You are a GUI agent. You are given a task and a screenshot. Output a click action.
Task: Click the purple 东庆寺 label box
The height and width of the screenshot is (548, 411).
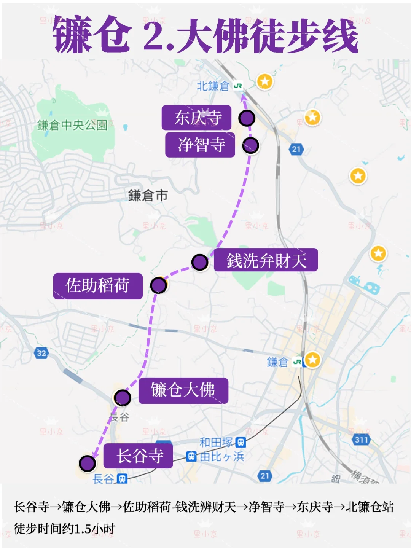click(197, 118)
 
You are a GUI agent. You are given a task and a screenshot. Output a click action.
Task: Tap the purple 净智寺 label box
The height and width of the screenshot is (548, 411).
click(200, 145)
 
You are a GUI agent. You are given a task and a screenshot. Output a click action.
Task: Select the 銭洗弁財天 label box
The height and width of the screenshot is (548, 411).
click(266, 260)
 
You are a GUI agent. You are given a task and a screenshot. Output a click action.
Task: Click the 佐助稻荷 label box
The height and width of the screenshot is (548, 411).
click(98, 286)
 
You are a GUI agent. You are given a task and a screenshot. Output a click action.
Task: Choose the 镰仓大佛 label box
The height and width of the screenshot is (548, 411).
click(183, 390)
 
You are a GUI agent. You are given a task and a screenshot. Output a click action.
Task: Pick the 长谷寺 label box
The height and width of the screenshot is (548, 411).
click(138, 456)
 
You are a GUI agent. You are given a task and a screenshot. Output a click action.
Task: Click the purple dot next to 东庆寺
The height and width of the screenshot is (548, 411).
click(247, 118)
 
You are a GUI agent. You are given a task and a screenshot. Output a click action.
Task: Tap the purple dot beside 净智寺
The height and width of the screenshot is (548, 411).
click(251, 145)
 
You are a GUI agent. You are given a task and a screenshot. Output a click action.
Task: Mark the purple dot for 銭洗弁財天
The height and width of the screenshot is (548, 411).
click(200, 262)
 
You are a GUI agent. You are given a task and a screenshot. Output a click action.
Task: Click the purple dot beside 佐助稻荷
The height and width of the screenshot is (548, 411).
click(158, 285)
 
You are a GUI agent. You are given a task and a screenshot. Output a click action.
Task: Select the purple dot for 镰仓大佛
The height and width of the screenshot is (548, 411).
click(123, 398)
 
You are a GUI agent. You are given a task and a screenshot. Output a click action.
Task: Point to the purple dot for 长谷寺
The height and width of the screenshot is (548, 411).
click(87, 464)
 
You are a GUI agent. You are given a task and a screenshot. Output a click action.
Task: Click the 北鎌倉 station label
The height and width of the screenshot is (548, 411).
click(213, 86)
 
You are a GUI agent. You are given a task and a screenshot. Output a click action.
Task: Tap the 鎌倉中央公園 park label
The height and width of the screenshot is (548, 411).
click(72, 125)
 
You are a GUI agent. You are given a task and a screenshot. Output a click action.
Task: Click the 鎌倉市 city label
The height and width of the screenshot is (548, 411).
click(148, 196)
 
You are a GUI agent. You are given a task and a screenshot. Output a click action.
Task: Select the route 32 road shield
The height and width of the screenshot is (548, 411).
click(41, 353)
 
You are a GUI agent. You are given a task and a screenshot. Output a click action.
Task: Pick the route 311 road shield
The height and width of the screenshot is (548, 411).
click(361, 440)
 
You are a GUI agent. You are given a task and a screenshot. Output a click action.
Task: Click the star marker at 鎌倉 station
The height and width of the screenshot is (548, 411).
click(312, 360)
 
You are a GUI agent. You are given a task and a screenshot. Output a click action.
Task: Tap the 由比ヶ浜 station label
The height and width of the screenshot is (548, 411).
click(222, 456)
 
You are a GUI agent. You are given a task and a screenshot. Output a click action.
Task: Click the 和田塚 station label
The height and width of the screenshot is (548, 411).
click(216, 443)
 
